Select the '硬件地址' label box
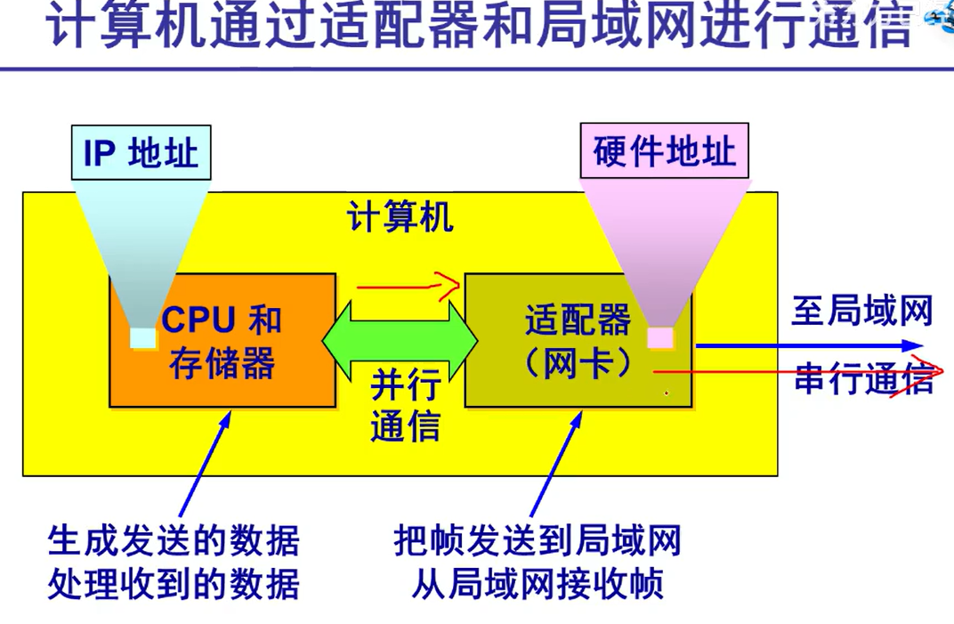coord(664,151)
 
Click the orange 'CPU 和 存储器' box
coord(222,374)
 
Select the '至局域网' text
coord(861,312)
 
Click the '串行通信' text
coord(861,378)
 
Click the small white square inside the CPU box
coord(142,338)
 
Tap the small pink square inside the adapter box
coord(659,338)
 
